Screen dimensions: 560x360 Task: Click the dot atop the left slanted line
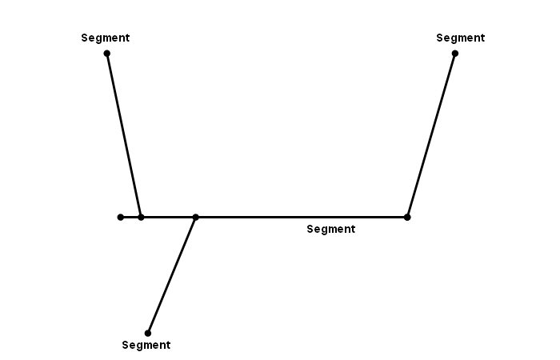tap(106, 54)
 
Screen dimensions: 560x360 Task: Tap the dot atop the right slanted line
tap(455, 54)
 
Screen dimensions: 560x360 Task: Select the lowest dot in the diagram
tap(148, 334)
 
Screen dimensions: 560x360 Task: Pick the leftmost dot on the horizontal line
tap(121, 217)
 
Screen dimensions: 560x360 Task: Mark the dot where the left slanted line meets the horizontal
tap(141, 217)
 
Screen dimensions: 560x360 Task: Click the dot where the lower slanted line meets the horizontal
tap(195, 217)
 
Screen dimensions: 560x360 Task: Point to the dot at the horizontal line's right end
tap(407, 217)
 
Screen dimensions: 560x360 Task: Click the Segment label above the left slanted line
tap(106, 38)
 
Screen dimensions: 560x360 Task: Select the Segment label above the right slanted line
tap(461, 38)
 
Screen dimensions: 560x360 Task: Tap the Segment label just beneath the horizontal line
tap(331, 229)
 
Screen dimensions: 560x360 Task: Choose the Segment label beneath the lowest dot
tap(146, 345)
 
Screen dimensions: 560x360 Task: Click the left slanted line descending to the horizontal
tap(124, 135)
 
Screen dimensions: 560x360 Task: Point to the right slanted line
tap(431, 135)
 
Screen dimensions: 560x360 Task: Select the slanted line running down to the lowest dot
tap(171, 275)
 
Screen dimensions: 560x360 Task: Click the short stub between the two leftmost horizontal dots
tap(130, 217)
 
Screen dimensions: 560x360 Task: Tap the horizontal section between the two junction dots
tap(168, 217)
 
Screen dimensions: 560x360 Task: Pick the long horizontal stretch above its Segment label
tap(301, 217)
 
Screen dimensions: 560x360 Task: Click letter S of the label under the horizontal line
tap(310, 229)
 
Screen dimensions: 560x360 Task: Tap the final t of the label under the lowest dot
tap(169, 345)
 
